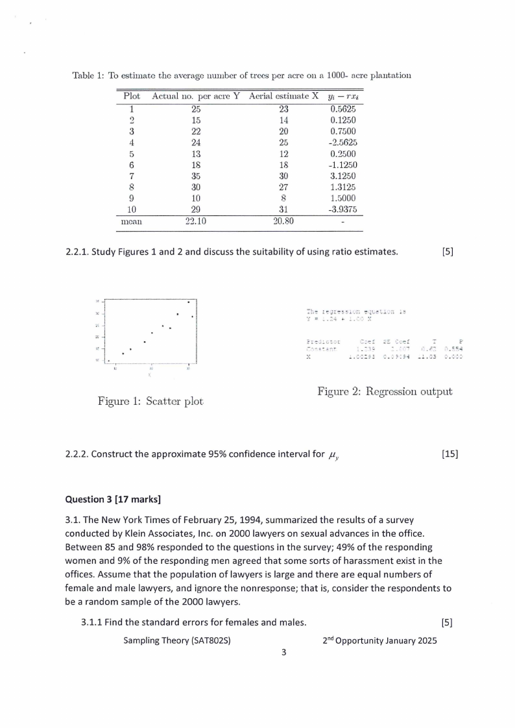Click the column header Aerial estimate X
(283, 96)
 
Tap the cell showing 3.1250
(343, 175)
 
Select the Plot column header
(132, 96)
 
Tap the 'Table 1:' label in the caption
(88, 75)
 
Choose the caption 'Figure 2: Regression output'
(385, 391)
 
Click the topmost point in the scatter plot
(189, 302)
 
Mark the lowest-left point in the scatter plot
(109, 361)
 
